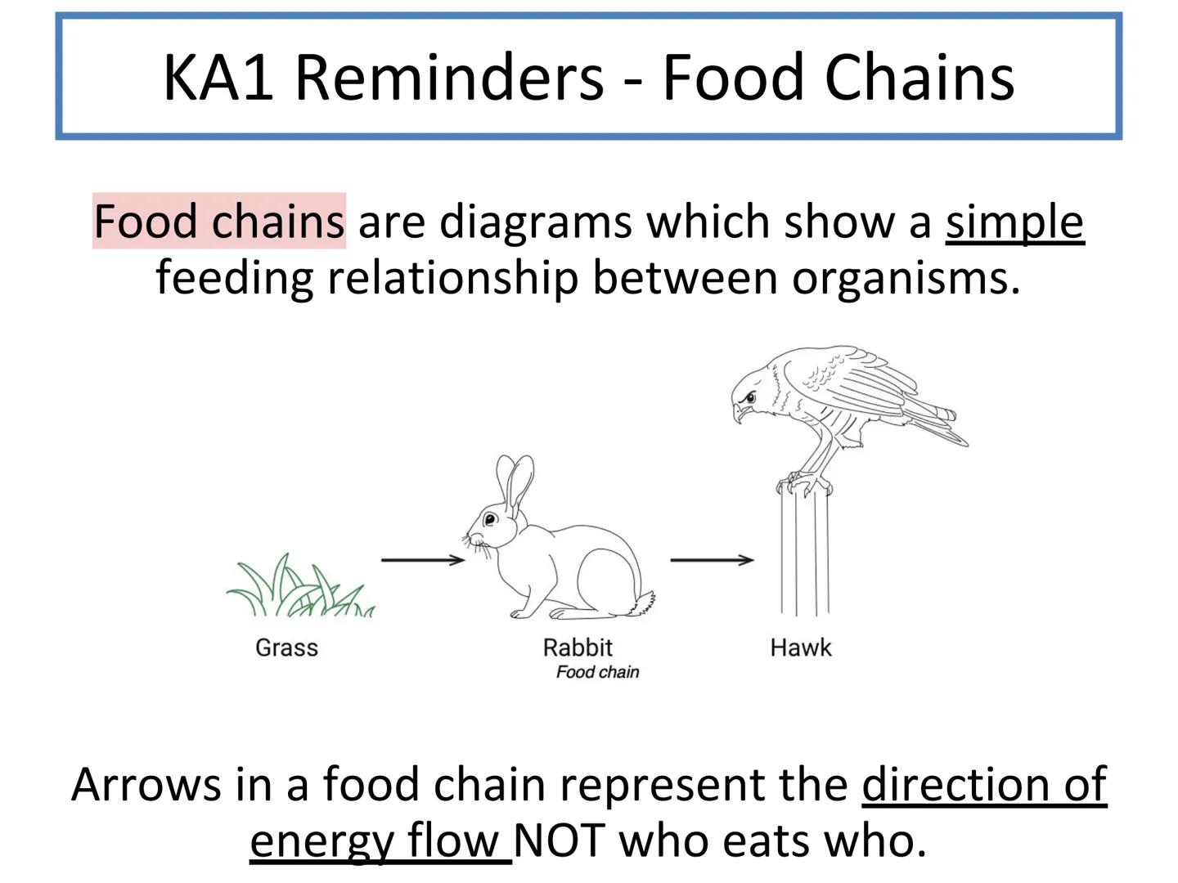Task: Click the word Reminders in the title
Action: (x=448, y=77)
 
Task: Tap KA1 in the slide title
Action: (x=218, y=77)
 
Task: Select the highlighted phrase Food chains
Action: (x=218, y=222)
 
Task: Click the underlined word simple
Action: (x=1014, y=222)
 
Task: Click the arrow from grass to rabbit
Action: (x=422, y=560)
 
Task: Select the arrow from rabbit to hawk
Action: (x=712, y=560)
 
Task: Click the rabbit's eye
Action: (x=490, y=519)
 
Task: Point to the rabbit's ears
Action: (x=515, y=482)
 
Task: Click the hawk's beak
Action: (x=739, y=412)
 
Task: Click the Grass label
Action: (x=286, y=648)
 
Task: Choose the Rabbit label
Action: (x=578, y=648)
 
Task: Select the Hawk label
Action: (x=800, y=648)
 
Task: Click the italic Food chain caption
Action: (x=597, y=672)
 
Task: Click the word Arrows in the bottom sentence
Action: (x=146, y=785)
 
